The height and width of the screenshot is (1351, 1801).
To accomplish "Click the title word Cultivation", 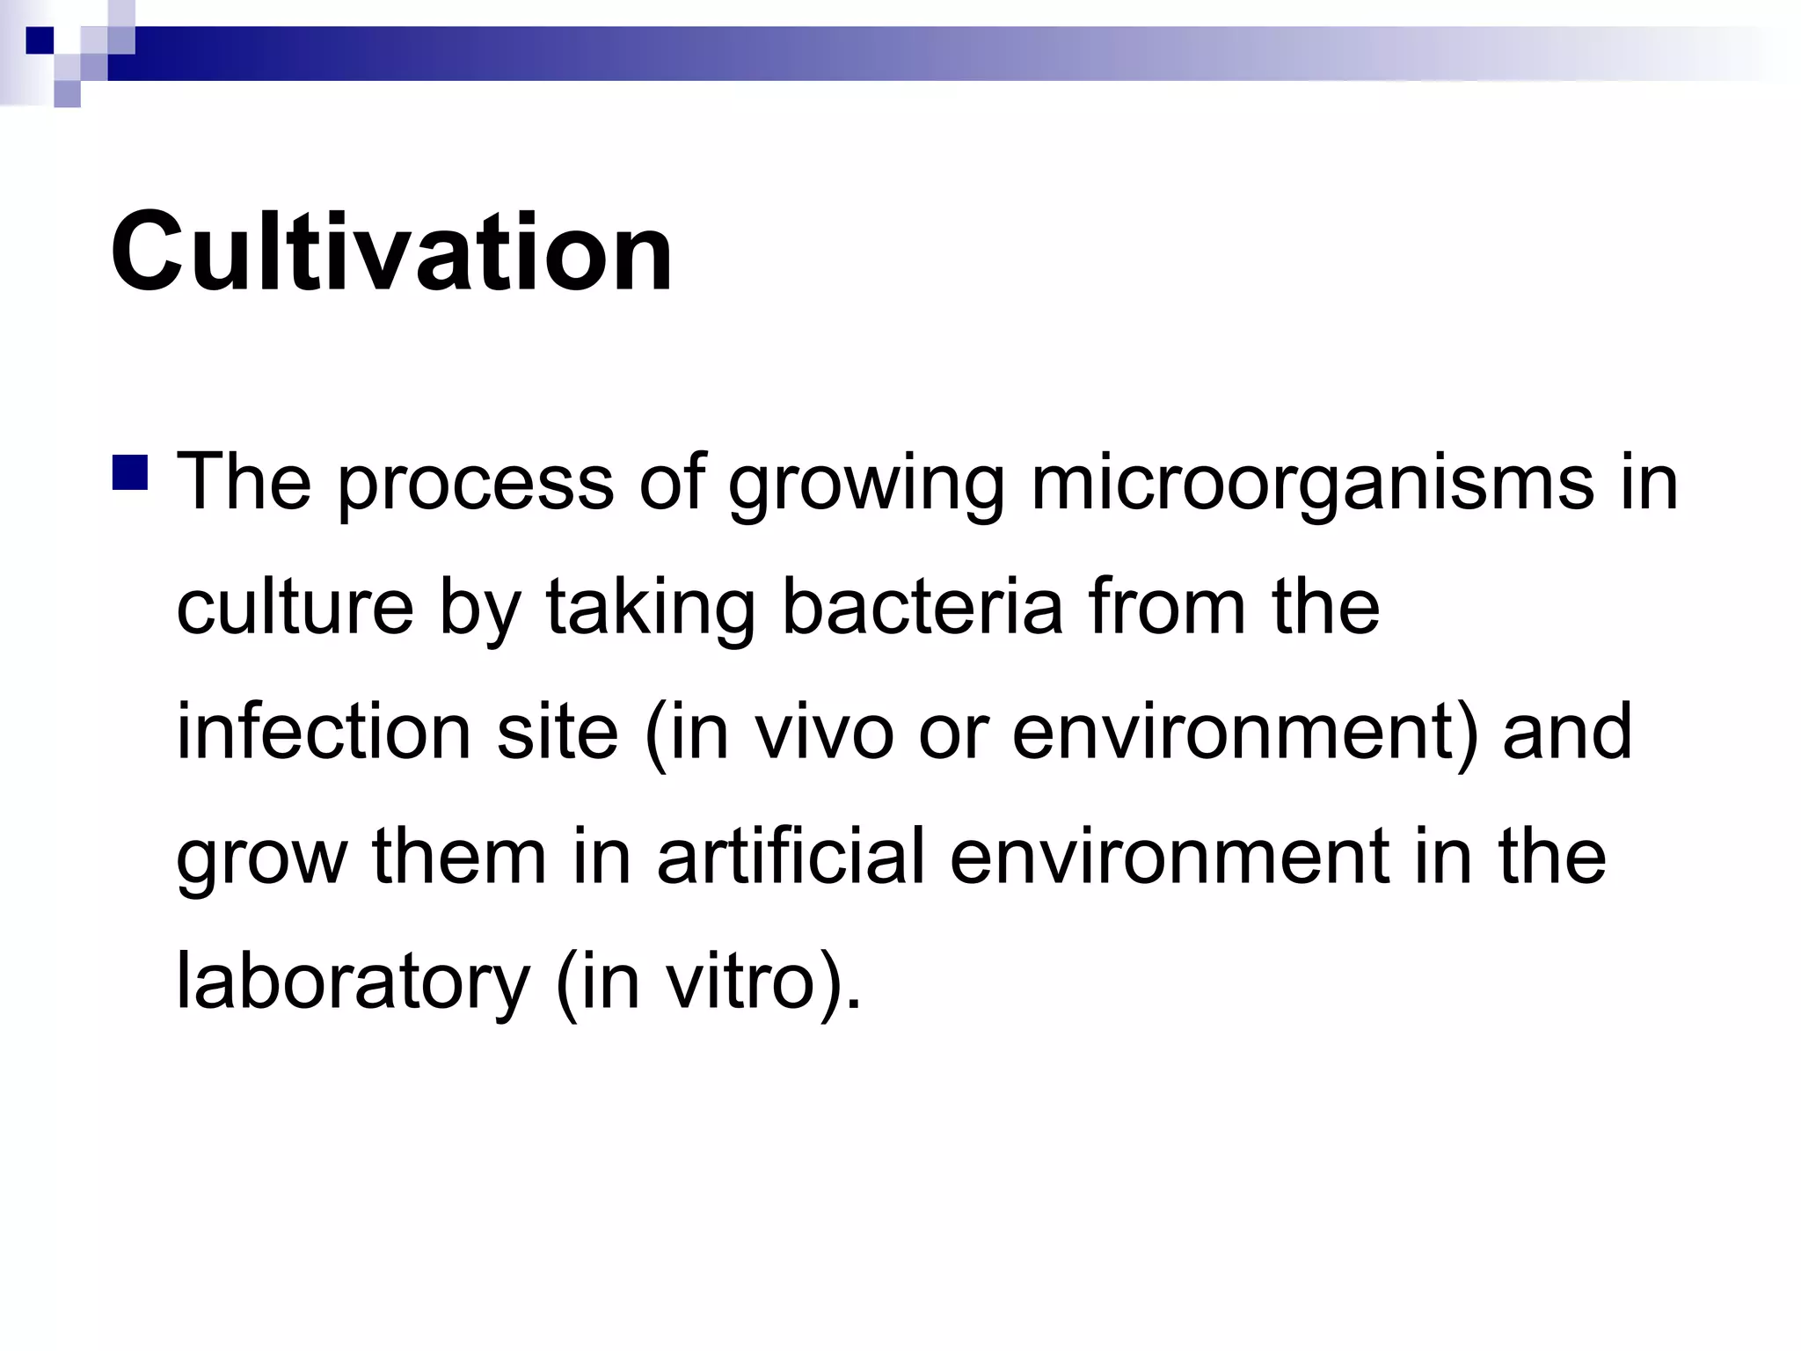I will click(x=391, y=252).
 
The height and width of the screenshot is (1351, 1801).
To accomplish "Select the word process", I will click(x=475, y=484).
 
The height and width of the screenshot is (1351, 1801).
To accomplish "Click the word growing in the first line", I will click(x=866, y=484).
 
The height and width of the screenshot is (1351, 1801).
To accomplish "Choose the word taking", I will click(x=650, y=609).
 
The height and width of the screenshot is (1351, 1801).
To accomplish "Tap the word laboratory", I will click(x=353, y=982).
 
